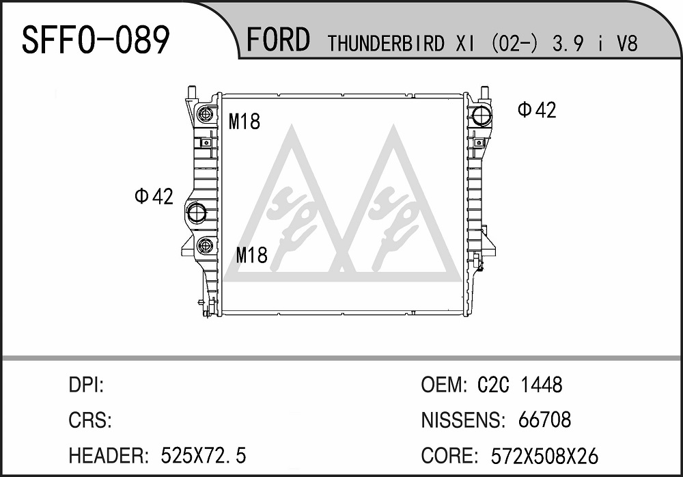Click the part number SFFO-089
coord(96,40)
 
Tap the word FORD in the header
coord(279,40)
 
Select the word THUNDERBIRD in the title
coord(386,44)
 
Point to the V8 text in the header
coord(628,44)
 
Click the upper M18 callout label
coord(245,121)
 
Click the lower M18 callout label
coord(252,255)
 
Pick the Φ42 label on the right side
coord(537,110)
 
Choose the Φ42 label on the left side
coord(154,196)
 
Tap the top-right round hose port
coord(482,115)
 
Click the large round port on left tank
coord(197,213)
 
